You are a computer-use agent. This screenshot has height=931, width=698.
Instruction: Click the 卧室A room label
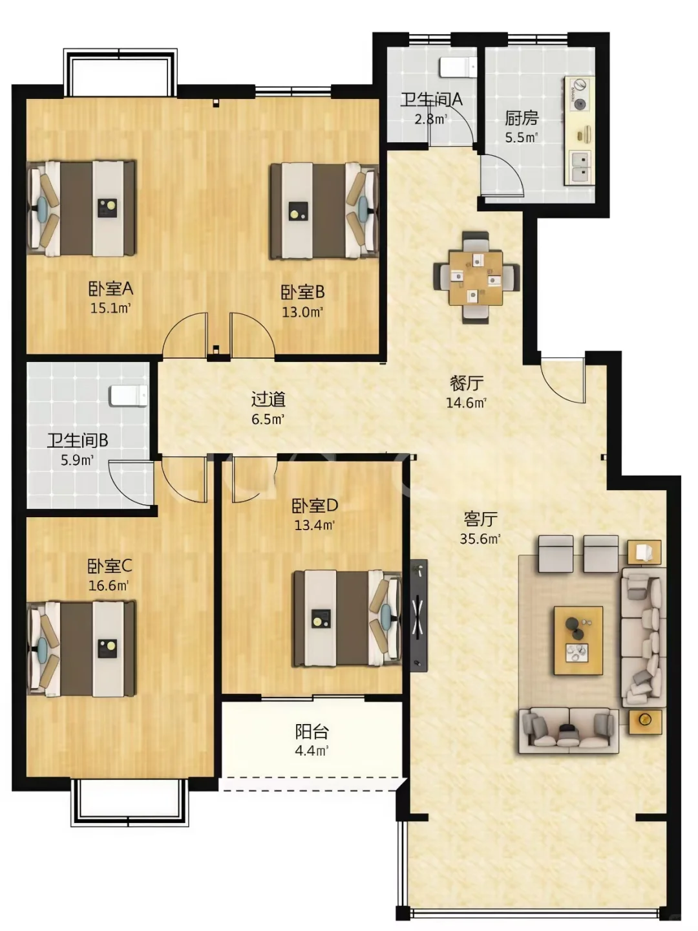(x=111, y=289)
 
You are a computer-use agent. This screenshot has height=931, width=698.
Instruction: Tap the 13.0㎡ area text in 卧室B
(x=302, y=312)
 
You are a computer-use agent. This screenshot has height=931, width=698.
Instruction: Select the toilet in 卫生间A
(x=458, y=67)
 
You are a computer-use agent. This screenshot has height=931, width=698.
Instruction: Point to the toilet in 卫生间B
(x=129, y=396)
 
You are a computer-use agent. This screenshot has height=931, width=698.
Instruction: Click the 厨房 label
(x=522, y=118)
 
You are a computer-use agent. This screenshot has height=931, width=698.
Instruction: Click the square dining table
(x=476, y=278)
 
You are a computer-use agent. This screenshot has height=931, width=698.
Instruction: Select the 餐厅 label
(x=466, y=383)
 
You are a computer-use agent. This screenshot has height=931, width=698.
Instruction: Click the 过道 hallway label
(x=268, y=399)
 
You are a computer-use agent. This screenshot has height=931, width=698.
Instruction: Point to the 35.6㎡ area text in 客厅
(x=480, y=539)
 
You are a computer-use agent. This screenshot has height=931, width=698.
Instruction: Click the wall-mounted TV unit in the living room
(x=419, y=615)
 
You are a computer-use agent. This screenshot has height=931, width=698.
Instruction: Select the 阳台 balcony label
(x=312, y=731)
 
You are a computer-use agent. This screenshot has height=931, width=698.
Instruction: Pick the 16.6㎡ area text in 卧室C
(x=109, y=585)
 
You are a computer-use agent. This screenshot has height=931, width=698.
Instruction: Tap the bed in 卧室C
(x=81, y=648)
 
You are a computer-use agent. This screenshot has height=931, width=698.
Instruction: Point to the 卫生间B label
(x=78, y=440)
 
